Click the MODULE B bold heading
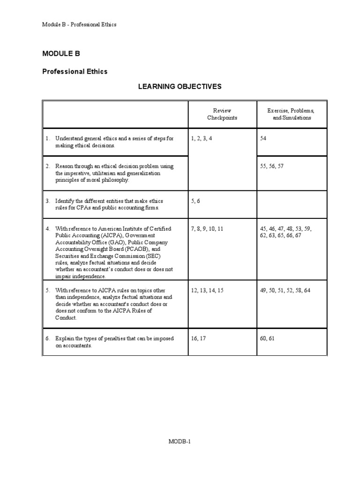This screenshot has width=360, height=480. click(x=61, y=54)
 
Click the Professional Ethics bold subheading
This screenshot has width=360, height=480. click(x=75, y=72)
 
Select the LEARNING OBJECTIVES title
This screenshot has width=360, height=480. click(x=179, y=87)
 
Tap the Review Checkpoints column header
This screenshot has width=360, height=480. click(x=222, y=114)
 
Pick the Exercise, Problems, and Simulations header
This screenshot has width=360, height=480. click(x=291, y=114)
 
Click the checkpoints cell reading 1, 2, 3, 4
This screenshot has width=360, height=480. click(x=202, y=139)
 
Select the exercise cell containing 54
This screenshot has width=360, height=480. click(x=263, y=139)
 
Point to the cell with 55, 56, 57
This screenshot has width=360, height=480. click(x=271, y=166)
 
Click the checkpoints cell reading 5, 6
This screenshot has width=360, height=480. click(x=195, y=201)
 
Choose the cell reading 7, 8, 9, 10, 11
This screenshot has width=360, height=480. click(x=207, y=229)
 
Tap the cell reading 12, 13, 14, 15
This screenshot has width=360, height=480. click(x=207, y=291)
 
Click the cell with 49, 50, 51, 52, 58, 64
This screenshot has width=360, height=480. click(x=285, y=291)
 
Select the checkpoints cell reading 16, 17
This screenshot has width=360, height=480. click(x=198, y=338)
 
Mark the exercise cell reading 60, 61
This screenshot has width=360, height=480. click(x=267, y=338)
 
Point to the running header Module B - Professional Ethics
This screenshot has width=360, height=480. click(x=79, y=24)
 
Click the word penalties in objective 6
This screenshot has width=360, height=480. click(x=116, y=338)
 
